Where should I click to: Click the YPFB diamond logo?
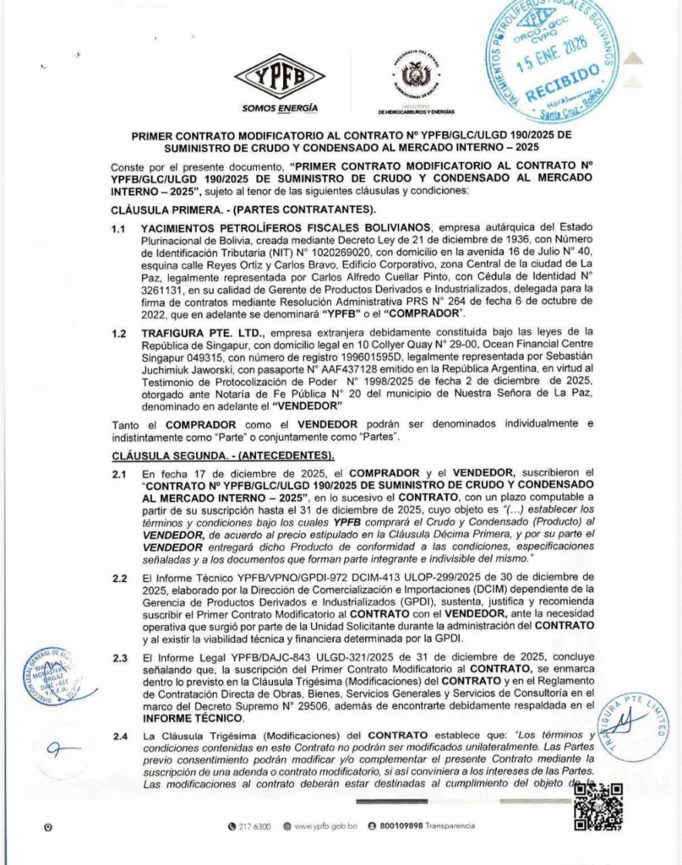click(279, 77)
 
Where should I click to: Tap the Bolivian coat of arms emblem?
click(416, 77)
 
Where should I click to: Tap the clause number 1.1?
click(121, 228)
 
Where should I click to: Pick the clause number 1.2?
click(121, 332)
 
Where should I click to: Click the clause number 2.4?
click(121, 737)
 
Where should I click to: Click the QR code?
click(597, 807)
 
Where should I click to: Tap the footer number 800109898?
click(401, 825)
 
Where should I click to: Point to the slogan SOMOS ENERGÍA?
click(280, 108)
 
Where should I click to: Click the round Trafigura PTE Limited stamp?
click(630, 726)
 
